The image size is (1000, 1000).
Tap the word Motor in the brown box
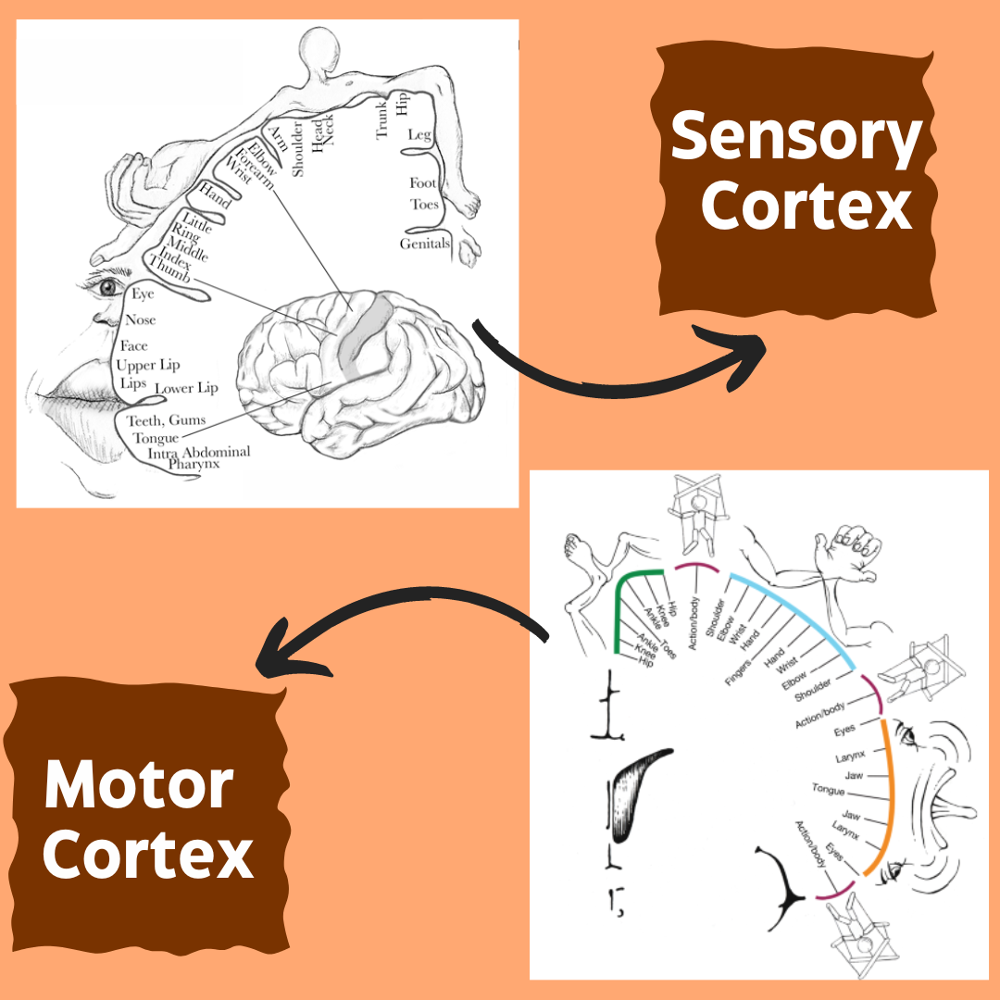[139, 785]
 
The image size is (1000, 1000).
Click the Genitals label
[425, 244]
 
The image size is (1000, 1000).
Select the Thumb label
[169, 269]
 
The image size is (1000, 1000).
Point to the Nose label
[141, 319]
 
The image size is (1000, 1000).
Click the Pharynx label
[194, 464]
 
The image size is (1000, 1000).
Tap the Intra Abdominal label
[199, 453]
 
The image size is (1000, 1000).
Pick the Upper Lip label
[148, 365]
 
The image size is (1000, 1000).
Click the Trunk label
[381, 119]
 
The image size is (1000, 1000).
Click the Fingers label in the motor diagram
[738, 672]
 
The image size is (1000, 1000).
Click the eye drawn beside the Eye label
[107, 287]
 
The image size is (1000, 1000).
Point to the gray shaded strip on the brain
[364, 331]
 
